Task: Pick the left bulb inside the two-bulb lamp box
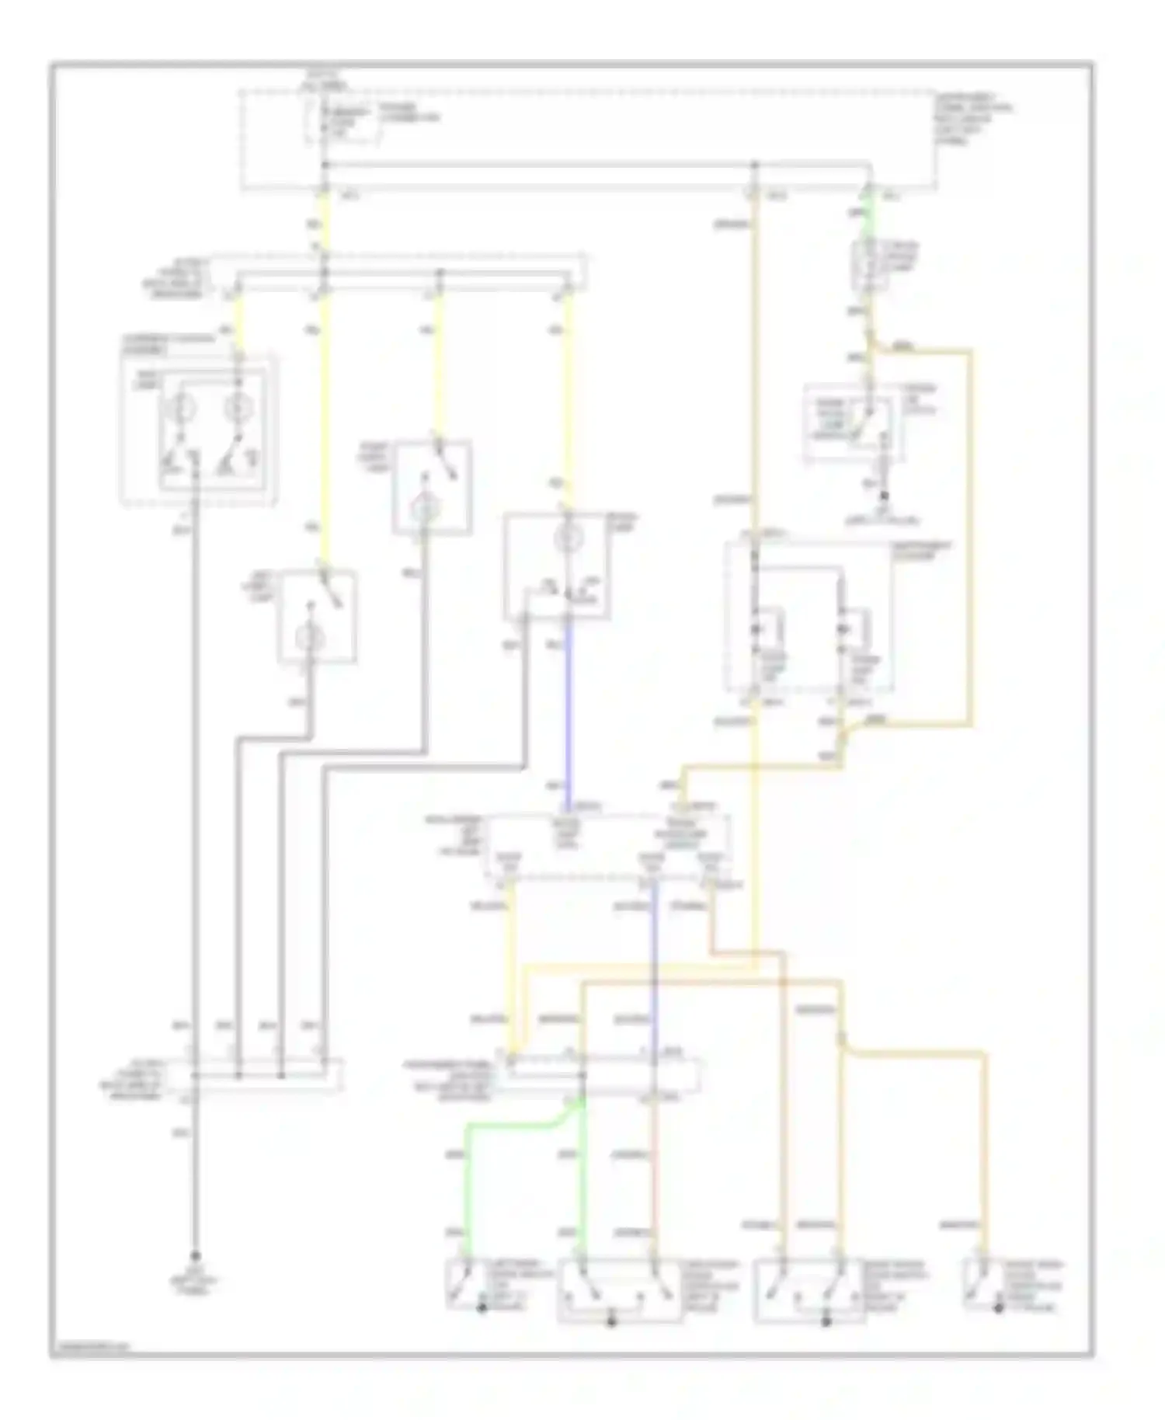(x=178, y=407)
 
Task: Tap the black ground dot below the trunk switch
(x=883, y=495)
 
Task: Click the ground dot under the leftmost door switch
(x=482, y=1309)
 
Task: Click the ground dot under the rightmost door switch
(x=998, y=1309)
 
